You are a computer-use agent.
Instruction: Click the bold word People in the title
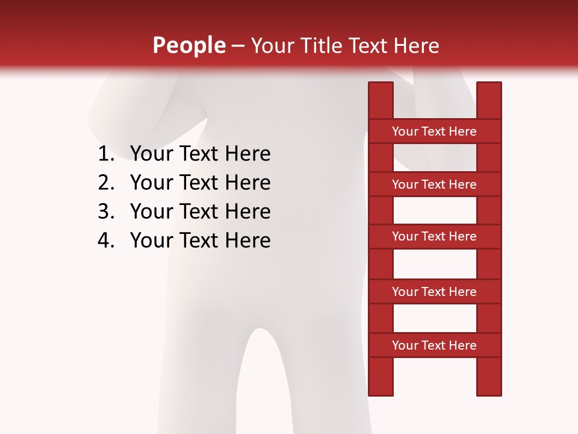pyautogui.click(x=188, y=45)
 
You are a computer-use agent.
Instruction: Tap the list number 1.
pyautogui.click(x=105, y=154)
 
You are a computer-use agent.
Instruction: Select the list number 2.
pyautogui.click(x=105, y=183)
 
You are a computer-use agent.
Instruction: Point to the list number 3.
pyautogui.click(x=105, y=212)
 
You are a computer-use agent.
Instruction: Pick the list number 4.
pyautogui.click(x=105, y=241)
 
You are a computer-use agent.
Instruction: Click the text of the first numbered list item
pyautogui.click(x=200, y=154)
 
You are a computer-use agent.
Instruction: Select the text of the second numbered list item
pyautogui.click(x=200, y=183)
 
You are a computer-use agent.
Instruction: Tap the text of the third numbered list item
pyautogui.click(x=200, y=212)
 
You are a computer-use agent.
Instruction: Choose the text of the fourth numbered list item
pyautogui.click(x=200, y=241)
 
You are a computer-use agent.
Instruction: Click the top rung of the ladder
pyautogui.click(x=434, y=131)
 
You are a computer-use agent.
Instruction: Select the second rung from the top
pyautogui.click(x=434, y=184)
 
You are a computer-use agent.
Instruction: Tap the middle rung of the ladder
pyautogui.click(x=434, y=237)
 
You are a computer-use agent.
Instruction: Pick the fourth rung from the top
pyautogui.click(x=434, y=292)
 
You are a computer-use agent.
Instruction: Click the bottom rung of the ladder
pyautogui.click(x=434, y=345)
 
